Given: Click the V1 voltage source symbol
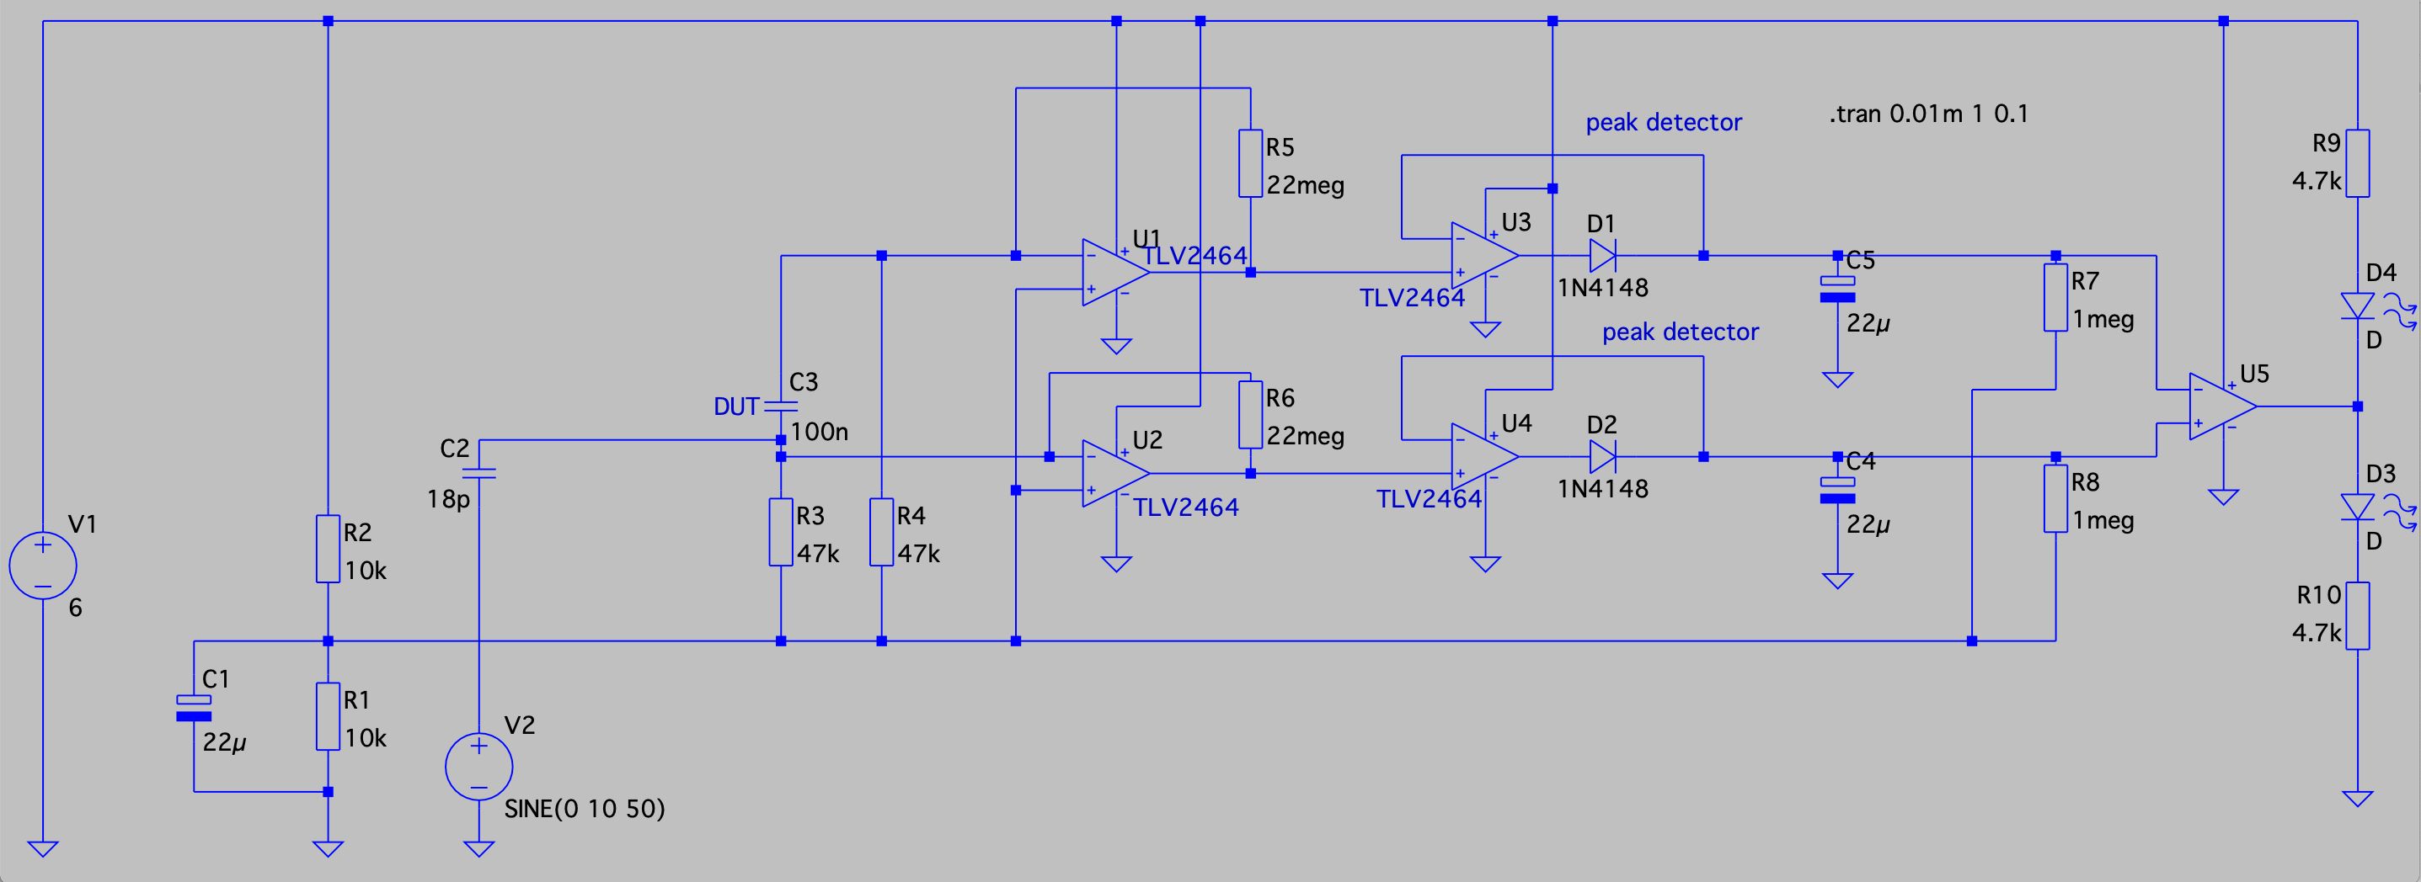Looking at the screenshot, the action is click(x=42, y=566).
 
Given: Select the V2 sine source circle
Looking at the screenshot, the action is click(x=478, y=767).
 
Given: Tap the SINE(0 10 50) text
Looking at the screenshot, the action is click(x=585, y=809).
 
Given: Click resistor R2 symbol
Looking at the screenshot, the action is click(x=327, y=549).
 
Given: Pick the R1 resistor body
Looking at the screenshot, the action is click(x=327, y=715).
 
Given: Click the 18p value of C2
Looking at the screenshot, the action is click(x=447, y=499).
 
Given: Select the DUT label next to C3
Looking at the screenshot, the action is click(x=736, y=406).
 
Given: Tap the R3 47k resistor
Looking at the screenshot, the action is click(x=781, y=533).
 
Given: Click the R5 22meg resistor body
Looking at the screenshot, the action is click(x=1250, y=163).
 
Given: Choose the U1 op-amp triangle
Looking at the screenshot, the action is click(x=1116, y=273).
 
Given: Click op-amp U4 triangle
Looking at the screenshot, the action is click(x=1485, y=456).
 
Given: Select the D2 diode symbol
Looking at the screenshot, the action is click(x=1602, y=456).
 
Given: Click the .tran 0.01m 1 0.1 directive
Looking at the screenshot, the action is click(x=1928, y=114).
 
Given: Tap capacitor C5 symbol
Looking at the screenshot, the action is click(x=1837, y=290).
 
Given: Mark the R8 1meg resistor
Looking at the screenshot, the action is click(x=2055, y=499).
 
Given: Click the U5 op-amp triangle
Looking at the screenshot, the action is click(x=2223, y=406).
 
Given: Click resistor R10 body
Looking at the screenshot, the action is click(x=2357, y=616).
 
